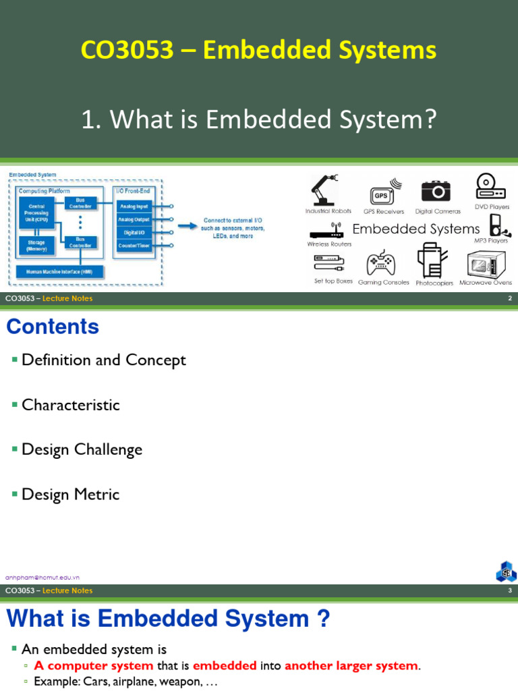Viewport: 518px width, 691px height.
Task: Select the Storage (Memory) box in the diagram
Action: [37, 245]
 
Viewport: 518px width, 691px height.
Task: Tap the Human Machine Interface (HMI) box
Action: [60, 272]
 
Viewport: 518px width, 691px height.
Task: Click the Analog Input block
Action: [134, 206]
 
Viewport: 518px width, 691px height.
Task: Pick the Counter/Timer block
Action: [134, 245]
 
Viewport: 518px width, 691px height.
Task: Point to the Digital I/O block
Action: [134, 232]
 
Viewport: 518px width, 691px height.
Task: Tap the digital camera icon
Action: [436, 191]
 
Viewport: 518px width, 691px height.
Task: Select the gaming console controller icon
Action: [380, 263]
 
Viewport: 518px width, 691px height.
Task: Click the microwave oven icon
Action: [486, 265]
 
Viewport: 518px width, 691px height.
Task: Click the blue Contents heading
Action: [53, 327]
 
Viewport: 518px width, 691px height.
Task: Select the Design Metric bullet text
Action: [70, 495]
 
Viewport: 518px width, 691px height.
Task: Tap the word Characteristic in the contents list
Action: [70, 405]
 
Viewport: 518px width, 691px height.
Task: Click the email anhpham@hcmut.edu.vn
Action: [42, 578]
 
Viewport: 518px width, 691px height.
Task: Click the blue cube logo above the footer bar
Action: [506, 571]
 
